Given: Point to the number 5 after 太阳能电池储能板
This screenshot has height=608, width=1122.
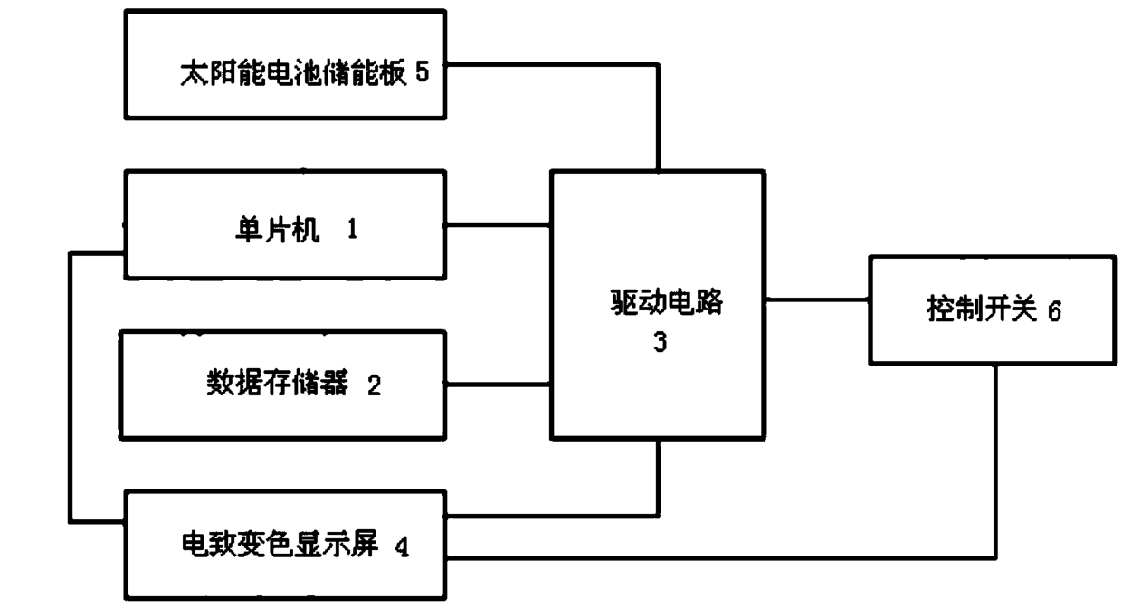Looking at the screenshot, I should tap(422, 72).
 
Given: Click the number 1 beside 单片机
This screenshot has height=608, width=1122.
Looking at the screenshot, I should tap(351, 230).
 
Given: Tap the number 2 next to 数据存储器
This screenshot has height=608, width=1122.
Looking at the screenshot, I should tap(374, 386).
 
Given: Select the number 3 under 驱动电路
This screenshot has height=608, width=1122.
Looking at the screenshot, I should tap(660, 343).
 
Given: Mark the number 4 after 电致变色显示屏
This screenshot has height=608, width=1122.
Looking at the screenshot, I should tap(401, 547).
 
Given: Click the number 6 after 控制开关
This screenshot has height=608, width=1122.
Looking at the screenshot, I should tap(1054, 311).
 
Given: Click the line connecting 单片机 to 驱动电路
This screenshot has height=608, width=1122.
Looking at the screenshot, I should tap(499, 224).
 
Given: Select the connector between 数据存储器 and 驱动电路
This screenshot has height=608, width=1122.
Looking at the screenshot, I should tap(499, 385).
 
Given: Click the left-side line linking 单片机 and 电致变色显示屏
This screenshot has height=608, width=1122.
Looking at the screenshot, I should tap(71, 389).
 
